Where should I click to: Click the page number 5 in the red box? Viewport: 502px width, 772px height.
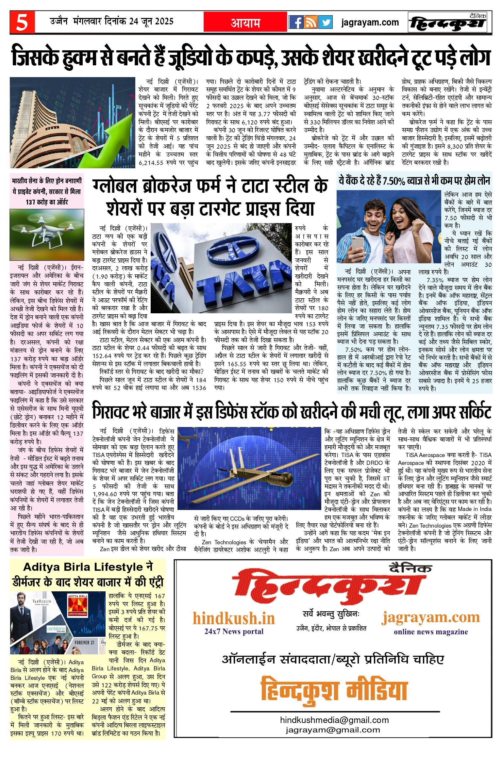22,23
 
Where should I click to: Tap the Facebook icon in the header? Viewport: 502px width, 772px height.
296,23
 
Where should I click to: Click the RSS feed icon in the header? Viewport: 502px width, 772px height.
310,23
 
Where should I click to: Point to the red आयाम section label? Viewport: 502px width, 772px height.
245,23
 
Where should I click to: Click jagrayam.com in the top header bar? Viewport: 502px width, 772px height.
370,23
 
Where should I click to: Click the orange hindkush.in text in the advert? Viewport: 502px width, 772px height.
234,618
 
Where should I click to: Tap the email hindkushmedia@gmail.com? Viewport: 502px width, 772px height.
334,720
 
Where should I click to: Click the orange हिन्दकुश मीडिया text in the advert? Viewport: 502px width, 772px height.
334,690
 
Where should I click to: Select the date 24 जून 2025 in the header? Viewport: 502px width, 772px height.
151,22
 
